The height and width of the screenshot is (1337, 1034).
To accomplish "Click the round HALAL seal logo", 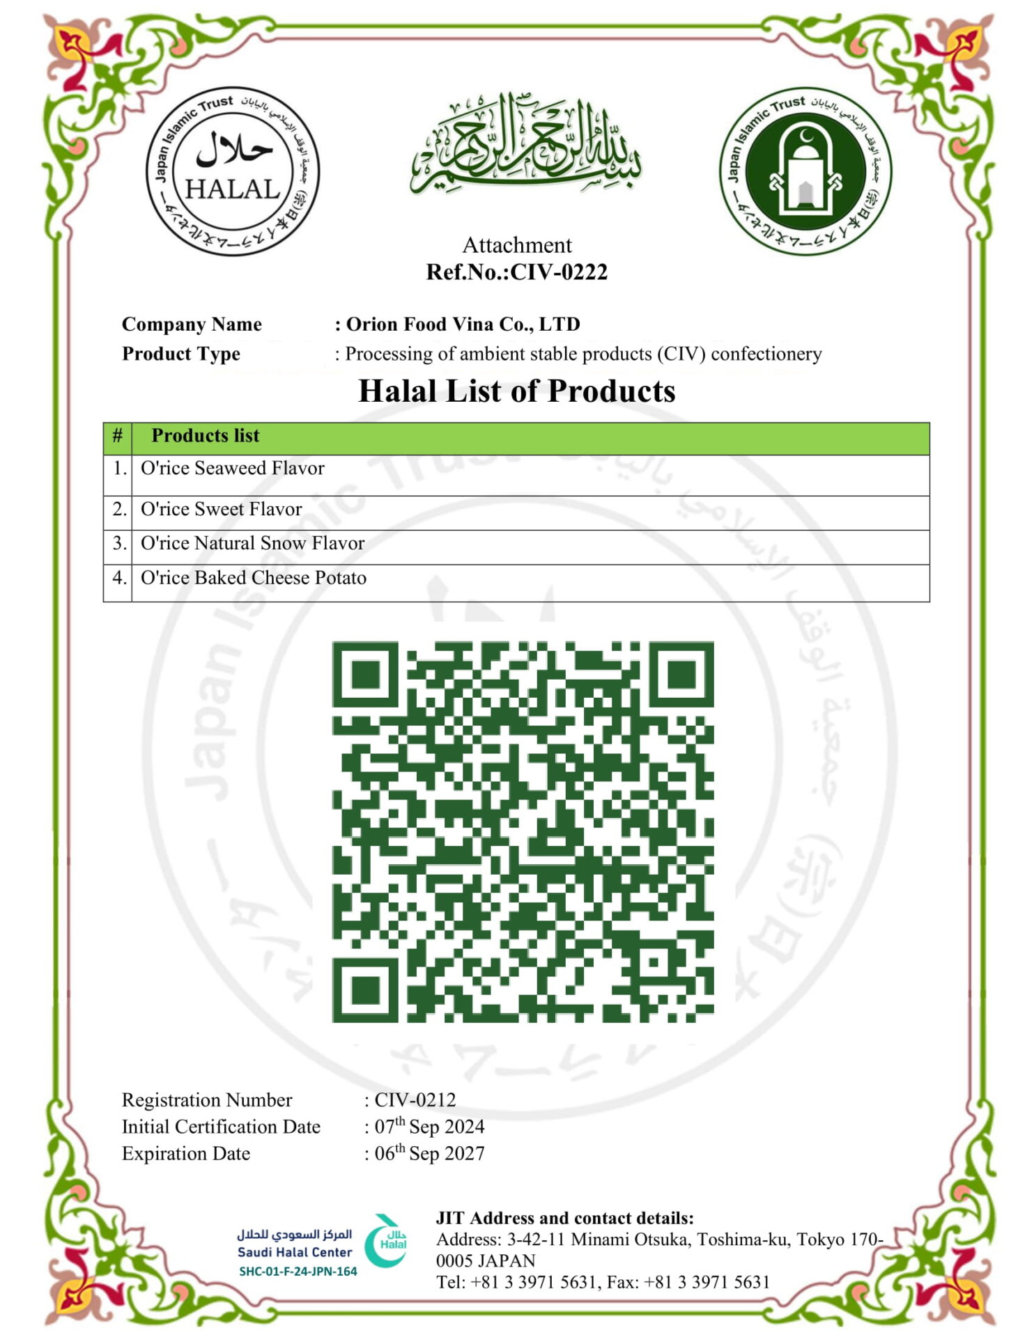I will click(233, 171).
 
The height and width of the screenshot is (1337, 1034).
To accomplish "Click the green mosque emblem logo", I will click(805, 171).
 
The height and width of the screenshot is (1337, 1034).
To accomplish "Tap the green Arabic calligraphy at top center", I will click(525, 145).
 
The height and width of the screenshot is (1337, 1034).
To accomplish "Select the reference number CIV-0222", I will click(559, 272).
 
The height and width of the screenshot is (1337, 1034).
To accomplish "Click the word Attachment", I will click(517, 245).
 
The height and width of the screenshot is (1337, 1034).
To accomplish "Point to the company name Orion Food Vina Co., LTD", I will click(463, 325).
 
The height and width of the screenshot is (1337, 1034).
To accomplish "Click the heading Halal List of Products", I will click(517, 391).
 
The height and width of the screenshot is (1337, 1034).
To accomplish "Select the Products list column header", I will click(206, 436).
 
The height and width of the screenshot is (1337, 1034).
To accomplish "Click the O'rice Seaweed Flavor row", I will click(233, 469).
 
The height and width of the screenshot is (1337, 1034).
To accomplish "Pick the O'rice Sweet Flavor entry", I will click(222, 510).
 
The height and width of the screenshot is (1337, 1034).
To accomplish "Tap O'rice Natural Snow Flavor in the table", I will click(253, 544).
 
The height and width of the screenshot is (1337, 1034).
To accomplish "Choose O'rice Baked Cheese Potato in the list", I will click(254, 578).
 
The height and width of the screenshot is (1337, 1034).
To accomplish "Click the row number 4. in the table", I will click(119, 578).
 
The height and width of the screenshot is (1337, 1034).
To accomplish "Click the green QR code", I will click(523, 832).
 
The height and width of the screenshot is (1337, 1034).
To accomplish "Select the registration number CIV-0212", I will click(415, 1100).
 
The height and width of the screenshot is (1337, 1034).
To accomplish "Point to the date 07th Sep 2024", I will click(429, 1127).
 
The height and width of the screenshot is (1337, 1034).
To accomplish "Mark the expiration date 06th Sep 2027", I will click(429, 1154).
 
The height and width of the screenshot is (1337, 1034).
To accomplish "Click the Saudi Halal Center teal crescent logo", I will click(386, 1242).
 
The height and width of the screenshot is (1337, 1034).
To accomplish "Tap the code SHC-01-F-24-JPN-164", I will click(298, 1272).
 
